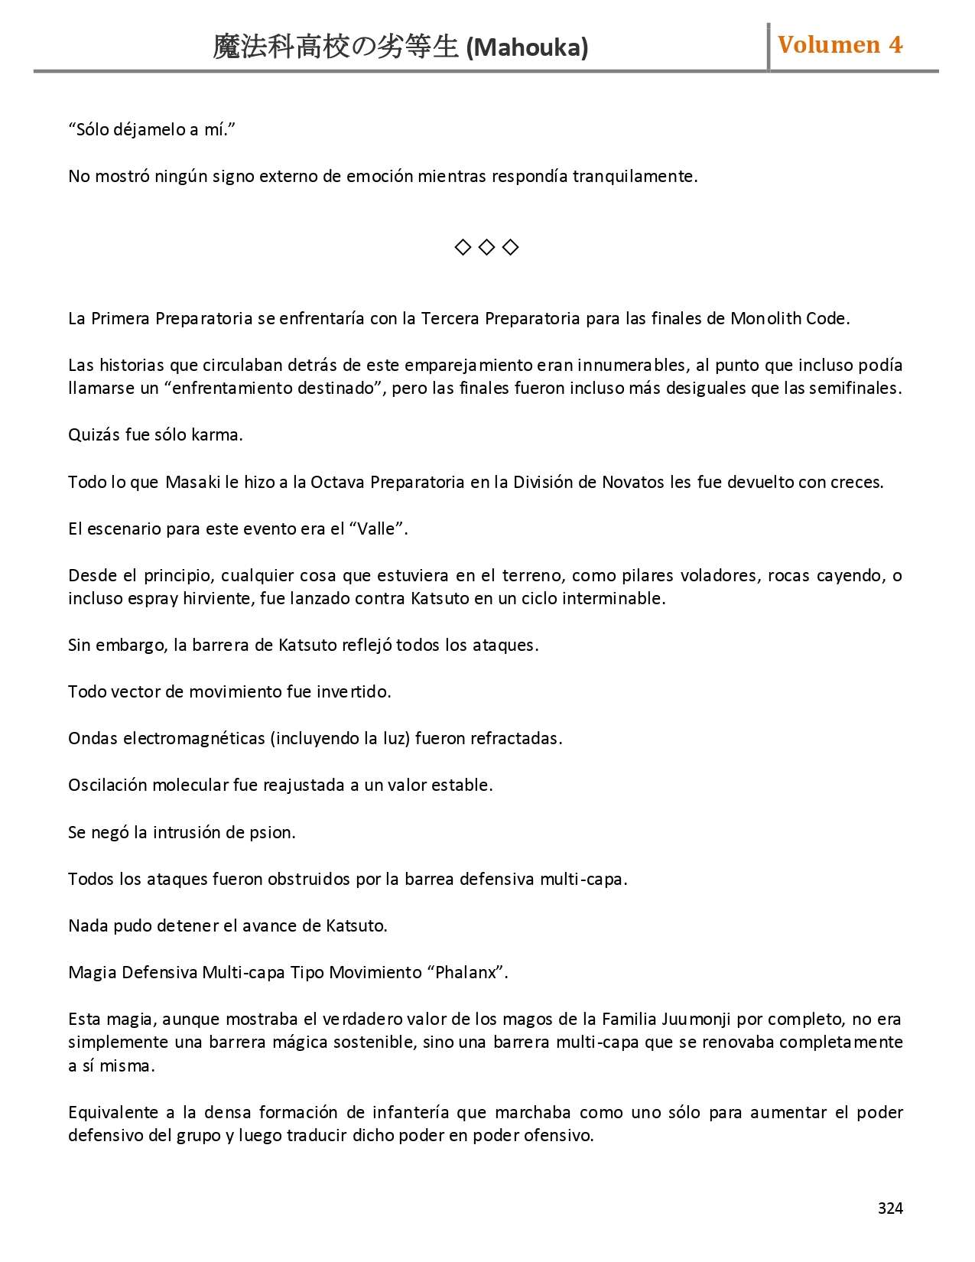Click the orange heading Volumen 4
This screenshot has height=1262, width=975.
[840, 45]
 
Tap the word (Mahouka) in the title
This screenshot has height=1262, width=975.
[527, 48]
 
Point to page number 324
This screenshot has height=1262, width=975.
[890, 1208]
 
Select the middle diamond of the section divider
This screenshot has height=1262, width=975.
[486, 247]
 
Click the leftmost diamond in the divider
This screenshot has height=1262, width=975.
[462, 247]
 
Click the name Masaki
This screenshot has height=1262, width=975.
[193, 482]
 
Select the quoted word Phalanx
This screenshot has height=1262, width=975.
[466, 972]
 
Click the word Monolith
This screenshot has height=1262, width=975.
[765, 318]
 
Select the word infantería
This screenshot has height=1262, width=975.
[410, 1112]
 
